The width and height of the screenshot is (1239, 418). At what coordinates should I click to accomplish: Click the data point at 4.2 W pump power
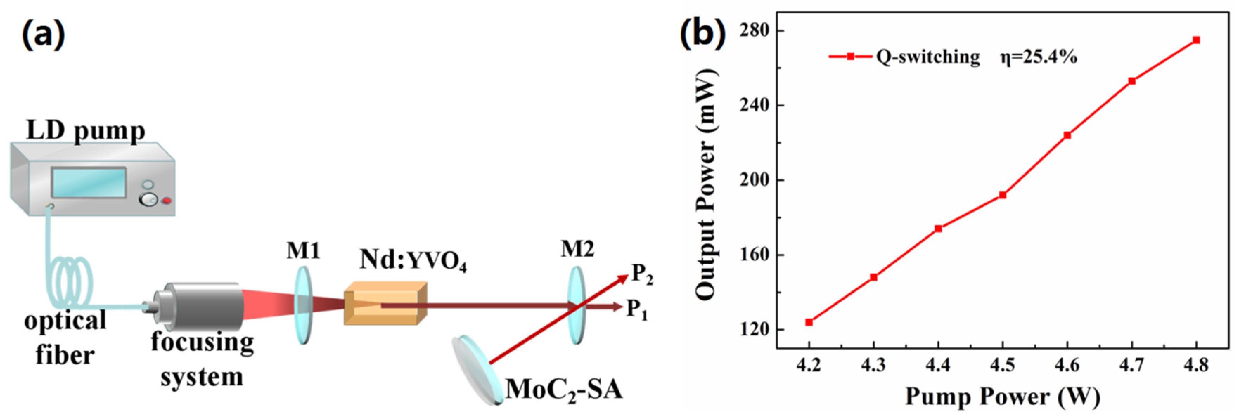pyautogui.click(x=809, y=322)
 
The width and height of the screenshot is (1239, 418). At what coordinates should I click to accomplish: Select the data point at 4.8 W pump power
pyautogui.click(x=1196, y=40)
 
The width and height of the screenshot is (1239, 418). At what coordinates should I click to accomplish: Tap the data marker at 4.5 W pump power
pyautogui.click(x=1003, y=195)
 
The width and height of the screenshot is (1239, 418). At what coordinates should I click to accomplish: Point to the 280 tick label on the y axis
pyautogui.click(x=754, y=30)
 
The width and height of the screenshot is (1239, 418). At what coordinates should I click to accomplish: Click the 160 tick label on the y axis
pyautogui.click(x=754, y=255)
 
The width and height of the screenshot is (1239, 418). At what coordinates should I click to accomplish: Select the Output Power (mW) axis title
pyautogui.click(x=706, y=185)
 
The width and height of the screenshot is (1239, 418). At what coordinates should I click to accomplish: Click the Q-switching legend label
pyautogui.click(x=928, y=57)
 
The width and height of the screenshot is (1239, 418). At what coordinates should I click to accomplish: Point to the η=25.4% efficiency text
pyautogui.click(x=1039, y=57)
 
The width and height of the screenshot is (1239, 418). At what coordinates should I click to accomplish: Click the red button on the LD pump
pyautogui.click(x=166, y=200)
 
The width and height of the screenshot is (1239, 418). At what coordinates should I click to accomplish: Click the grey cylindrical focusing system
pyautogui.click(x=202, y=306)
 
